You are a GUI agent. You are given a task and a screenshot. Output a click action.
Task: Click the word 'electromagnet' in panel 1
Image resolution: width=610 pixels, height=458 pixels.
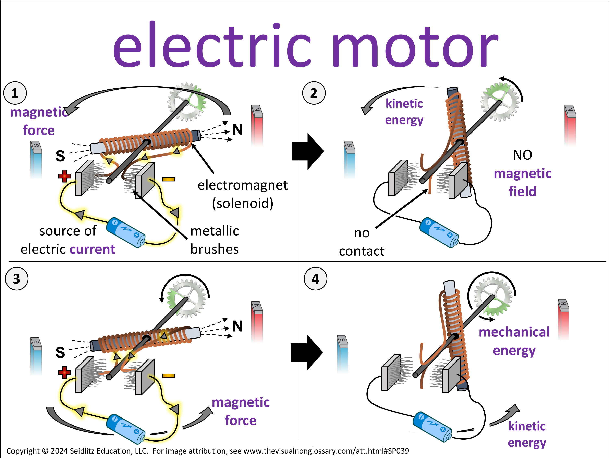pos(242,185)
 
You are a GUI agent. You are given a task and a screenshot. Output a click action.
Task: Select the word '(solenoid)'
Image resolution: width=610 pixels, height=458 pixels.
pos(243,204)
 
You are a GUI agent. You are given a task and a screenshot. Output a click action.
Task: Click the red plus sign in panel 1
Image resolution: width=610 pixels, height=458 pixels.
pos(64,176)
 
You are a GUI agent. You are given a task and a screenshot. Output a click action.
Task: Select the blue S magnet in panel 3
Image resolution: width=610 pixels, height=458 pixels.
pos(36,356)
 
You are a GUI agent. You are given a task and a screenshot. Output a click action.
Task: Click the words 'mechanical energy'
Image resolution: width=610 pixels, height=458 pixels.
pos(514,341)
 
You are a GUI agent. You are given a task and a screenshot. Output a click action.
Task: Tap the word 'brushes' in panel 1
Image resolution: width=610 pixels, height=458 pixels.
pos(214,249)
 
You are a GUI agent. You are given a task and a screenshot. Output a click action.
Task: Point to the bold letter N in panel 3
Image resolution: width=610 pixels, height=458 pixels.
pos(237,326)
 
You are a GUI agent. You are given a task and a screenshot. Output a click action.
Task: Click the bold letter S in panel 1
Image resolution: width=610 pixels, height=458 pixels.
pos(60,156)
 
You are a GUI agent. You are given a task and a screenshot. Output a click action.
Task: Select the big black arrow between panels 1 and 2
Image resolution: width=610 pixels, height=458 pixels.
pos(307,151)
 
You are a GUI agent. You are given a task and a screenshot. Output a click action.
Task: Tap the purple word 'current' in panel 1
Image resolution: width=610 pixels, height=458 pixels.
pos(92,249)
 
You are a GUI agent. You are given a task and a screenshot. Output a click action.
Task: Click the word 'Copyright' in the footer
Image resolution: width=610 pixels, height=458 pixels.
pos(23,451)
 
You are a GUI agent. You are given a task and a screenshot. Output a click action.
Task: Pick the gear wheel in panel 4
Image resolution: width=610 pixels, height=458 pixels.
pos(493,296)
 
